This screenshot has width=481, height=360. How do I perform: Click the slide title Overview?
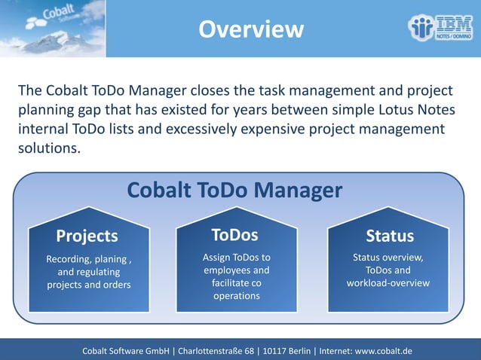[x=251, y=29]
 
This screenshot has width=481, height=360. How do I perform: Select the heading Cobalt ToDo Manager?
[x=234, y=190]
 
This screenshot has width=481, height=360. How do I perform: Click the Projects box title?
[x=87, y=236]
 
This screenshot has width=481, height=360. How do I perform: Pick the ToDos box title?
[x=234, y=234]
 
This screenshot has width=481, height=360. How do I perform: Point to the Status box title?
[x=389, y=236]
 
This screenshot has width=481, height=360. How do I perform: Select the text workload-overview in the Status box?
[x=388, y=283]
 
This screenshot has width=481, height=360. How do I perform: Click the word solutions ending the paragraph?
[x=47, y=148]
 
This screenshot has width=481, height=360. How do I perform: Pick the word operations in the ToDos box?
[x=236, y=296]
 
